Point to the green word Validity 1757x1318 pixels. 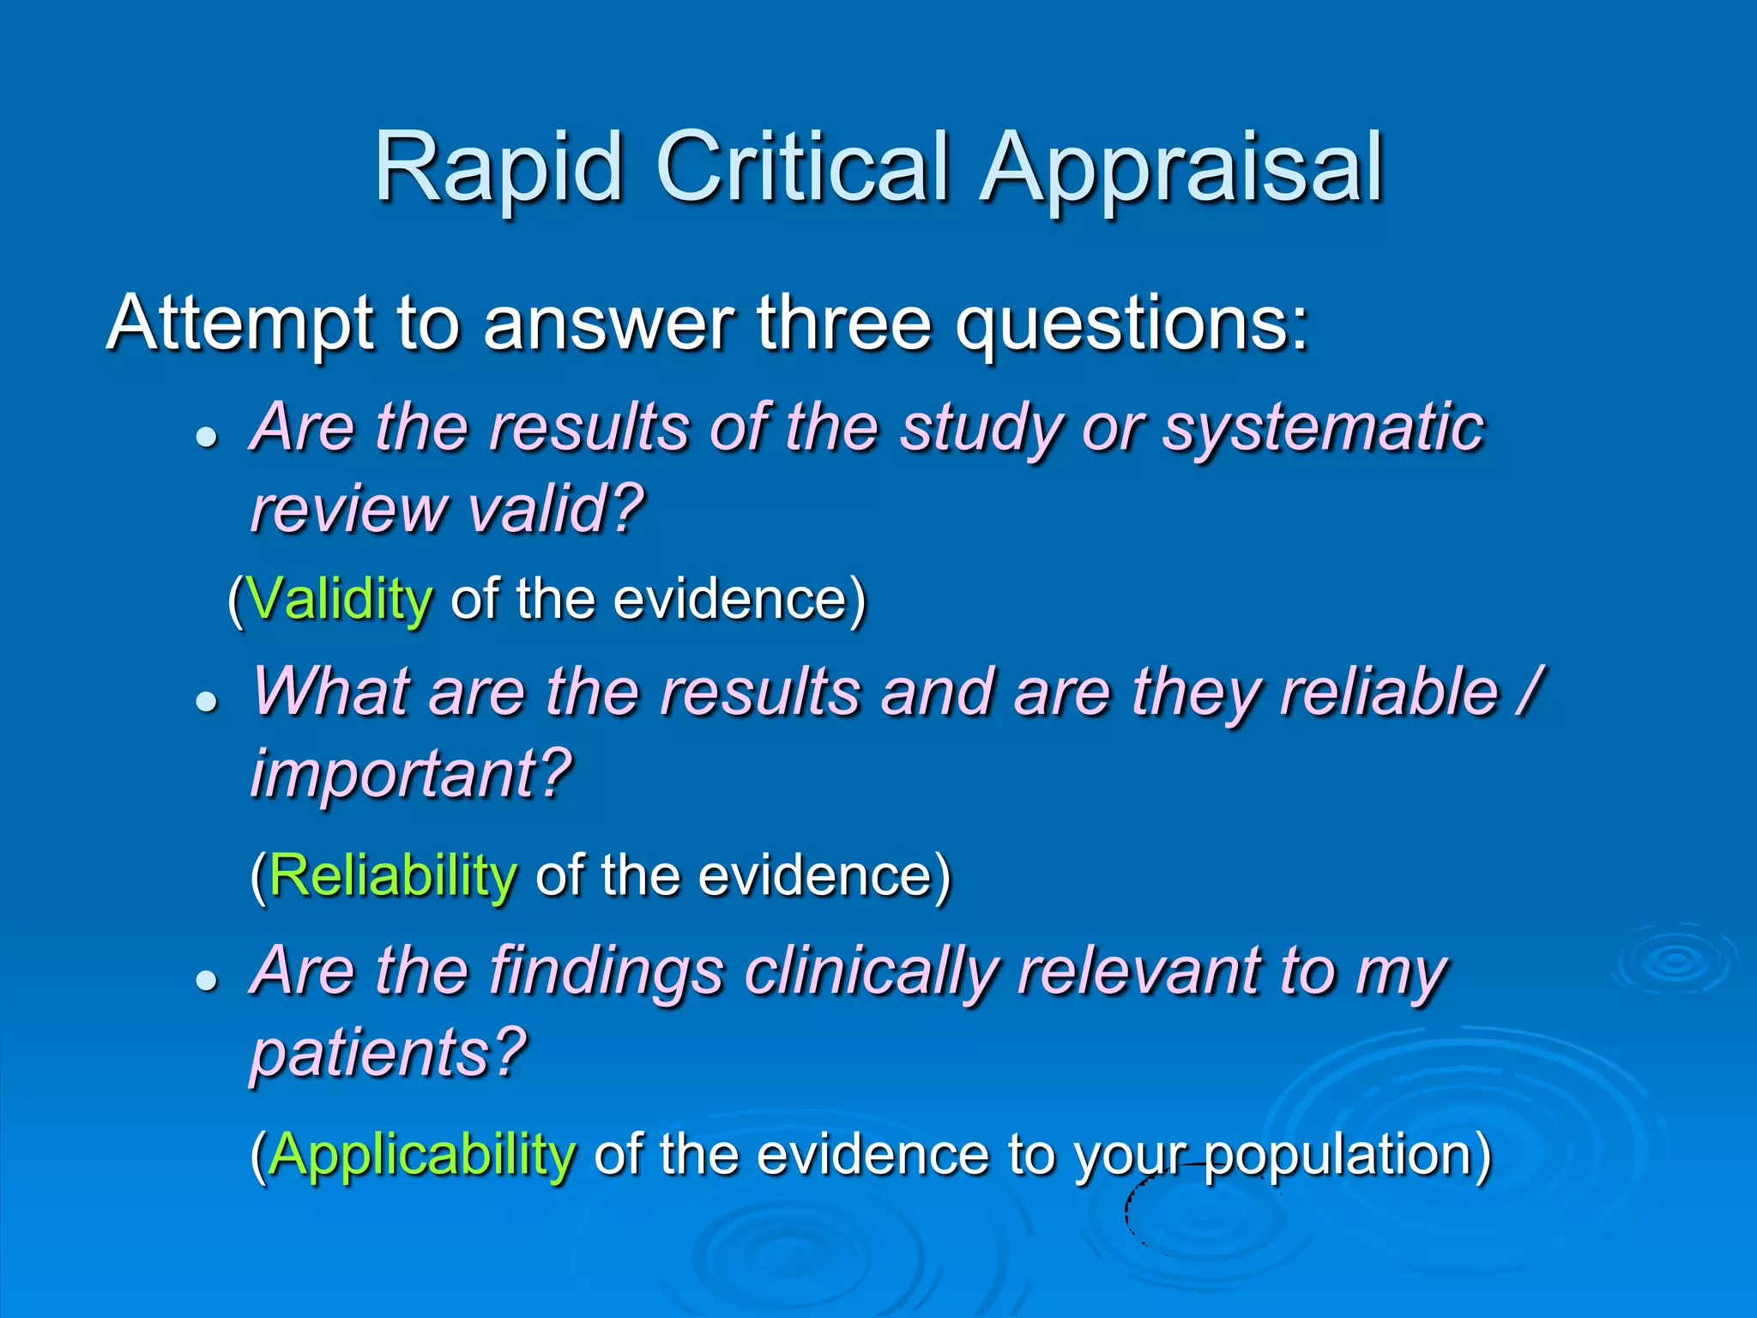[x=340, y=599]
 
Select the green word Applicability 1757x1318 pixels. [x=421, y=1155]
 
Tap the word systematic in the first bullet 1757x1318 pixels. [x=1322, y=428]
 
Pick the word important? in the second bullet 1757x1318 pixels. [x=411, y=773]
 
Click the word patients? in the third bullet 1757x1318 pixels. [x=388, y=1053]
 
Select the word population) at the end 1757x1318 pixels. [x=1347, y=1155]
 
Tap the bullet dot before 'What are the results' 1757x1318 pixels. [x=206, y=702]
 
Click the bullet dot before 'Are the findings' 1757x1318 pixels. [x=206, y=981]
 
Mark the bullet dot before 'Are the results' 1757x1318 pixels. [x=206, y=438]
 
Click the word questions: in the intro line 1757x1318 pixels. [x=1132, y=325]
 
